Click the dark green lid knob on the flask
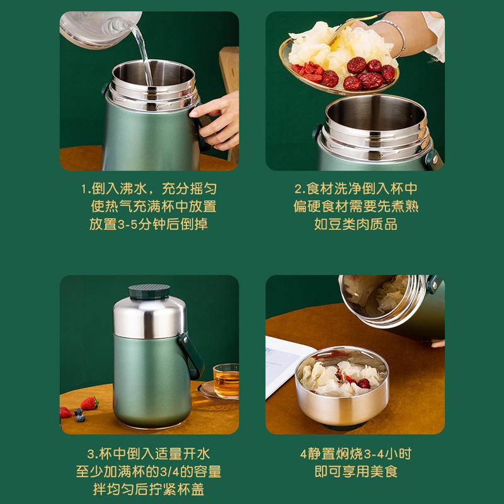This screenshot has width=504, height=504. pyautogui.click(x=149, y=291)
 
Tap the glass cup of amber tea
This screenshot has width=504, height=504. pyautogui.click(x=226, y=381)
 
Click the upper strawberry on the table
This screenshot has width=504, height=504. pyautogui.click(x=89, y=403)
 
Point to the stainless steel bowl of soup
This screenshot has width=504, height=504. pyautogui.click(x=342, y=386)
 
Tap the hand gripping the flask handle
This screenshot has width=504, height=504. pyautogui.click(x=216, y=120)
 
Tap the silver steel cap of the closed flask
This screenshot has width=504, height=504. pyautogui.click(x=150, y=317)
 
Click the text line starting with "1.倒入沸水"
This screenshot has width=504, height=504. pyautogui.click(x=149, y=188)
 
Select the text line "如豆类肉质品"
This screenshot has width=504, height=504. pyautogui.click(x=355, y=224)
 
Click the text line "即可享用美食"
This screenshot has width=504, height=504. pyautogui.click(x=356, y=471)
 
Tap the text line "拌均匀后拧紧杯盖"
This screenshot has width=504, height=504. pyautogui.click(x=149, y=490)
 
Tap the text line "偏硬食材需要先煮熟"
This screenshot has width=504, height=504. pyautogui.click(x=356, y=207)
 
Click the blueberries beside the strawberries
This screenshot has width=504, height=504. pyautogui.click(x=79, y=415)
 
